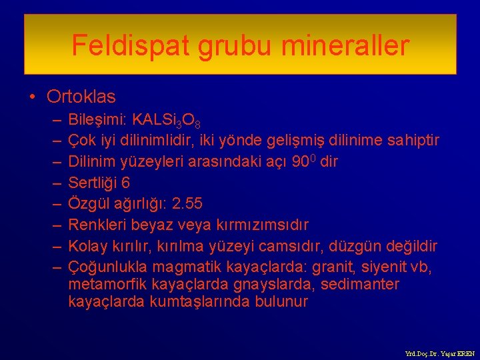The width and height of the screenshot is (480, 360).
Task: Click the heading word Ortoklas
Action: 81,97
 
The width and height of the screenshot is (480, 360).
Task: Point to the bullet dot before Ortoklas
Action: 33,97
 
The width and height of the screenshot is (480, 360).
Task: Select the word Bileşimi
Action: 98,120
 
